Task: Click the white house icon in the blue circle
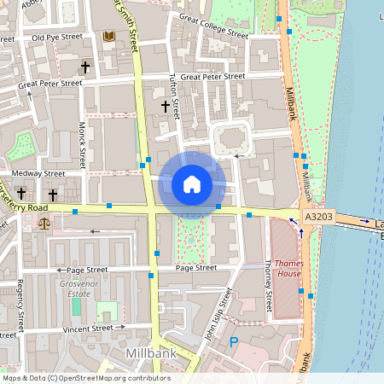(x=192, y=184)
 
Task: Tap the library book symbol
(x=108, y=36)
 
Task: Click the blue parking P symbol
(x=235, y=342)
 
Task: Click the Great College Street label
(x=209, y=31)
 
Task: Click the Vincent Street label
(x=89, y=328)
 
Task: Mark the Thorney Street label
(x=268, y=286)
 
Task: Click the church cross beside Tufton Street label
(x=166, y=107)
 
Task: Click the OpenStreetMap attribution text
(x=85, y=378)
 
